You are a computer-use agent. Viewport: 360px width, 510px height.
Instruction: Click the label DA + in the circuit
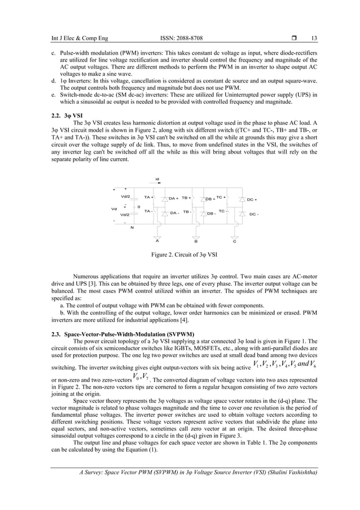[173, 199]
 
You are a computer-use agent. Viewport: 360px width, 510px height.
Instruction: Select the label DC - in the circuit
[253, 214]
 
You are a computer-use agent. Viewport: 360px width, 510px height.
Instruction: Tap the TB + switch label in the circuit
[186, 198]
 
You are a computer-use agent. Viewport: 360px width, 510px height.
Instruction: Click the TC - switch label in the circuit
[223, 211]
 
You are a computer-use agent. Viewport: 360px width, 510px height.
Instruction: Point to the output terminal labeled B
[195, 240]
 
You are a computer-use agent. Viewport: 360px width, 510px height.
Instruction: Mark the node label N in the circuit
[132, 227]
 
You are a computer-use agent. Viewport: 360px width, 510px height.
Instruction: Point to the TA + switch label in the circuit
[148, 198]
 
